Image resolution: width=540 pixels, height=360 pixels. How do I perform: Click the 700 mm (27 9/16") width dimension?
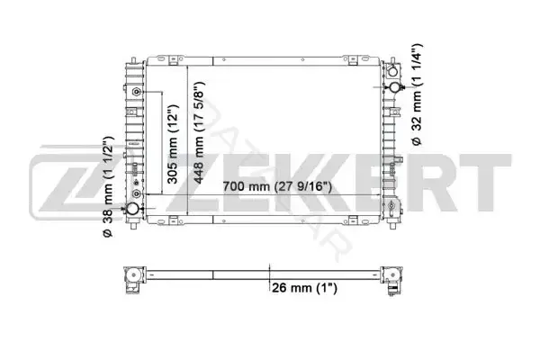[x=277, y=186]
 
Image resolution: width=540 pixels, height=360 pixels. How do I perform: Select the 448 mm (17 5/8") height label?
[x=198, y=132]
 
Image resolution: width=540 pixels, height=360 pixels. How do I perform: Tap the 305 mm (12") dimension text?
[x=172, y=144]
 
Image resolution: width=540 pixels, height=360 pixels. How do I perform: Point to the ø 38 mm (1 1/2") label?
[x=108, y=186]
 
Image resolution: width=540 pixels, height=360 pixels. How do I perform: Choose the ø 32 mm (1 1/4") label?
[x=417, y=94]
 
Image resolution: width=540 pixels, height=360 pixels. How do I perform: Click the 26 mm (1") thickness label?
[x=304, y=288]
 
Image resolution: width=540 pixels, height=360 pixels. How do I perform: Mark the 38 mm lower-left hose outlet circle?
[x=132, y=209]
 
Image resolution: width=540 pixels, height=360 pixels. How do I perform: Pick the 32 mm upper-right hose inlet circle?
[x=395, y=87]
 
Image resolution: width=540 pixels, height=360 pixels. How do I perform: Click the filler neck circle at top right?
[x=392, y=72]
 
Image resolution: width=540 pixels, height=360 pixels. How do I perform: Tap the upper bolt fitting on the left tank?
[x=137, y=92]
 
